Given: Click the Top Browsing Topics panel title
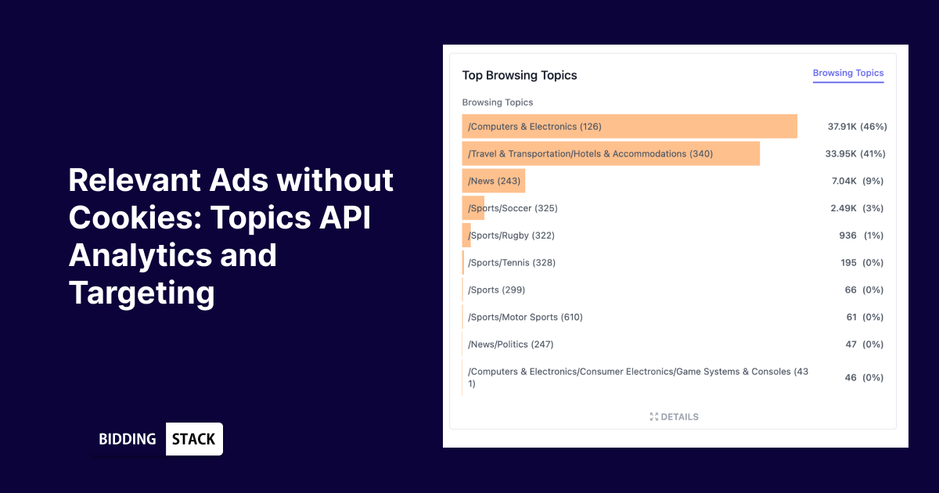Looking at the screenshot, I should [x=519, y=76].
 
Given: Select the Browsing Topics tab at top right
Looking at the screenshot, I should [x=847, y=74].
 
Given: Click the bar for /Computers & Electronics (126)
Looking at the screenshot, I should [x=629, y=127].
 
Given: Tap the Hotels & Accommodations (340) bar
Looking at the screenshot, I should [x=610, y=154].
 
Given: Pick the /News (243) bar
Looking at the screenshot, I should [x=494, y=182].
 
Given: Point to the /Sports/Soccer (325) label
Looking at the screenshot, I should [x=513, y=208].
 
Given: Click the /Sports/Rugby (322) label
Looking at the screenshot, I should [x=511, y=236].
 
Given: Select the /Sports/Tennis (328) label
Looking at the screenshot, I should [x=512, y=263].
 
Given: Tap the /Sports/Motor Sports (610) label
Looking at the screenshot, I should [x=525, y=317].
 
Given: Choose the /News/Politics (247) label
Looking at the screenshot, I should [x=511, y=344].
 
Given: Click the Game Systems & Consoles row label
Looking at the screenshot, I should [x=638, y=377].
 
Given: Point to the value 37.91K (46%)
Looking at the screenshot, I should [x=857, y=127].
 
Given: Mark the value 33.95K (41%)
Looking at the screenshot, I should [x=855, y=154].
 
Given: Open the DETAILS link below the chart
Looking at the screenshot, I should [x=674, y=417].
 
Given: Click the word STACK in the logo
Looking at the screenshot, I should [x=193, y=439].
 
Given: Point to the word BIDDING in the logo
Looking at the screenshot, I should [x=128, y=439].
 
